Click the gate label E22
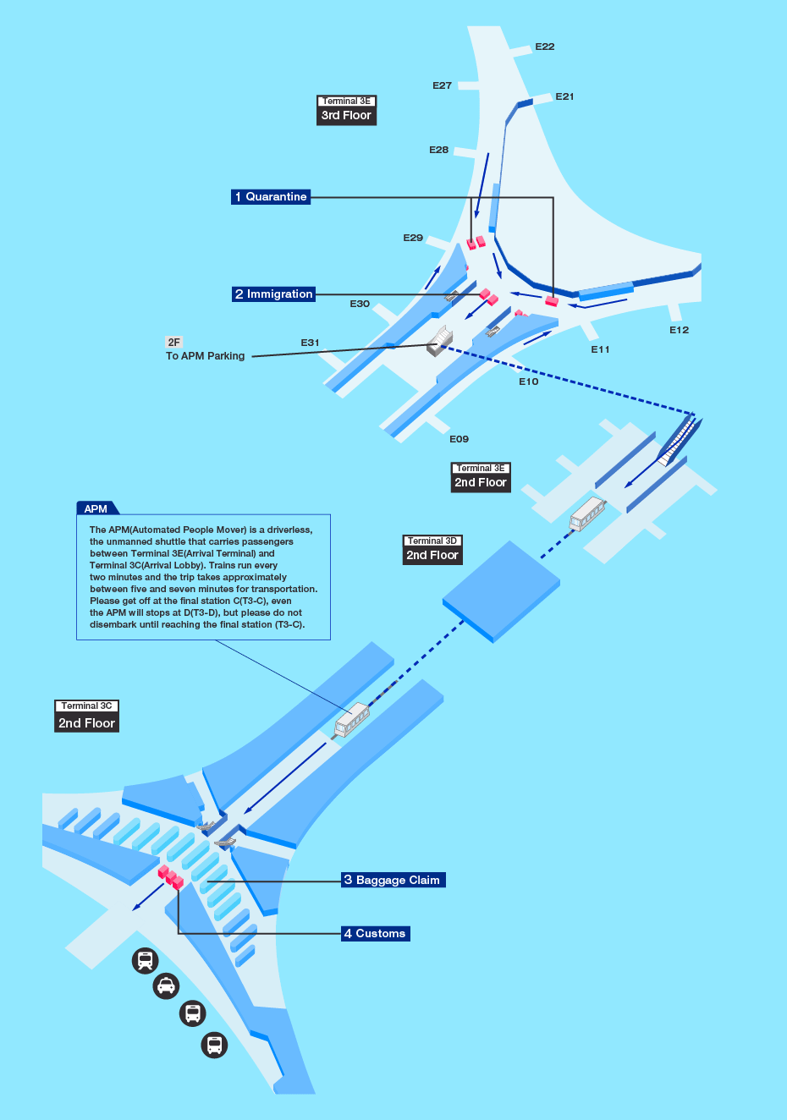click(x=545, y=47)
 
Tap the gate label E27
click(x=442, y=85)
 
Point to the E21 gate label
click(x=564, y=96)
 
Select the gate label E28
click(x=438, y=150)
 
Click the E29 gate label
click(x=413, y=238)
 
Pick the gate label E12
click(x=679, y=330)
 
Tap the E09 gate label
click(x=459, y=439)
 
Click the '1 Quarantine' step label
click(x=271, y=196)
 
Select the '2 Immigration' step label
click(x=273, y=294)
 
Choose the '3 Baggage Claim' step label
click(x=393, y=880)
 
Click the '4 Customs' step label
click(x=375, y=934)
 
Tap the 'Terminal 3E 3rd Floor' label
click(x=346, y=110)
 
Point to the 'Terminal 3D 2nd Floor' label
click(x=432, y=549)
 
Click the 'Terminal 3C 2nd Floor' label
click(x=86, y=716)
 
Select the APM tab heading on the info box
click(x=96, y=508)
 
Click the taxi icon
click(x=166, y=986)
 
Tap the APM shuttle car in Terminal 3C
click(x=352, y=720)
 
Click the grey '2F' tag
click(x=173, y=343)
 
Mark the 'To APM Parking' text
click(x=206, y=356)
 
